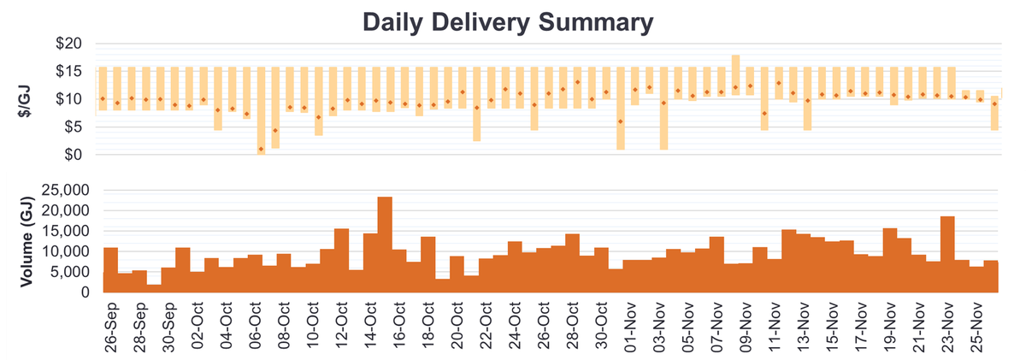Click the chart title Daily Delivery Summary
[x=508, y=21]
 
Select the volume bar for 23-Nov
[x=947, y=254]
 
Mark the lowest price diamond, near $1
[x=261, y=150]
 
